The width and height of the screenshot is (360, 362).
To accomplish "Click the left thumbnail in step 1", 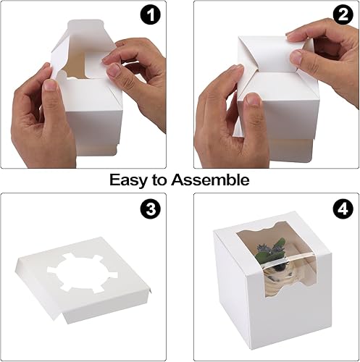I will pyautogui.click(x=49, y=85).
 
